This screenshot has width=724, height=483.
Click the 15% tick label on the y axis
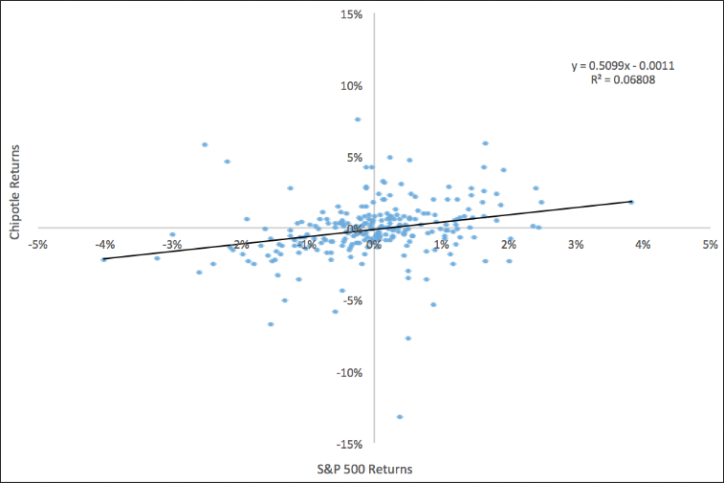(x=351, y=14)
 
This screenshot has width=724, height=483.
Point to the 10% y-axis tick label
(x=351, y=86)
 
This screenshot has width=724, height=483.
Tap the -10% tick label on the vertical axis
(x=349, y=373)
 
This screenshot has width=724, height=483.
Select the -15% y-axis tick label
(x=349, y=445)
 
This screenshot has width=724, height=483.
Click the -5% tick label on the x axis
(x=38, y=244)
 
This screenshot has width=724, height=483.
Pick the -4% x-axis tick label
(x=105, y=244)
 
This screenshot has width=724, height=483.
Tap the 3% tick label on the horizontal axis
(x=576, y=244)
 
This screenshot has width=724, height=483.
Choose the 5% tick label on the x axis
(x=710, y=244)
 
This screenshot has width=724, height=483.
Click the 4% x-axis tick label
(x=643, y=244)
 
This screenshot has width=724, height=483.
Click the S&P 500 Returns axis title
(x=372, y=469)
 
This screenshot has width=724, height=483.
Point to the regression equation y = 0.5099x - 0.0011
(x=624, y=66)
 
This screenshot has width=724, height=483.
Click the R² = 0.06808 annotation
(x=624, y=80)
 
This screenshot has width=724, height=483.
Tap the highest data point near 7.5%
(x=358, y=120)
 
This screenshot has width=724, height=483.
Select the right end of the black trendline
(x=632, y=202)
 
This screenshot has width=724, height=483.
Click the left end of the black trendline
(x=103, y=259)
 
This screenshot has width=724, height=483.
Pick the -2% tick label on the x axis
(x=240, y=244)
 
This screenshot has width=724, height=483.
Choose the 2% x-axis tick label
(x=509, y=244)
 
